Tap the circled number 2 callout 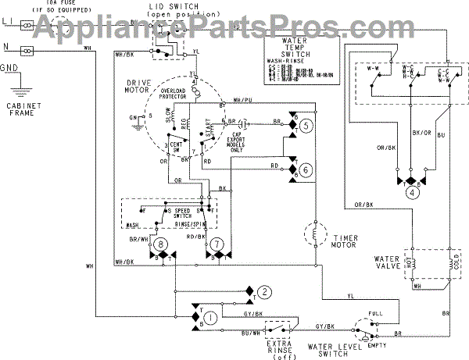point(266,293)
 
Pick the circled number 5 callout point(306,125)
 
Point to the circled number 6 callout point(306,169)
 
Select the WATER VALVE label point(383,260)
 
